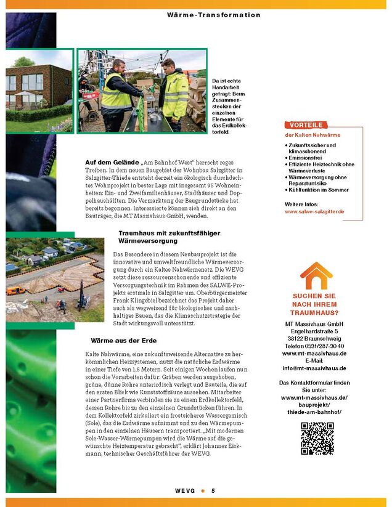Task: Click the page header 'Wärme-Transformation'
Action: pyautogui.click(x=213, y=15)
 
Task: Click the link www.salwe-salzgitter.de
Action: pyautogui.click(x=314, y=211)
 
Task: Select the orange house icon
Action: pyautogui.click(x=315, y=276)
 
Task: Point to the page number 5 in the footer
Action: pyautogui.click(x=213, y=491)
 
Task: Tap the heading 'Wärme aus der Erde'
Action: pyautogui.click(x=123, y=341)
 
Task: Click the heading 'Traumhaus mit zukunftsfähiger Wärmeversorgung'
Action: pyautogui.click(x=169, y=237)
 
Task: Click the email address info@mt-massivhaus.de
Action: pyautogui.click(x=314, y=368)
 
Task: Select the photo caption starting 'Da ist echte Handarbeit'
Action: pyautogui.click(x=229, y=106)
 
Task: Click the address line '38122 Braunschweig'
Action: pyautogui.click(x=314, y=339)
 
